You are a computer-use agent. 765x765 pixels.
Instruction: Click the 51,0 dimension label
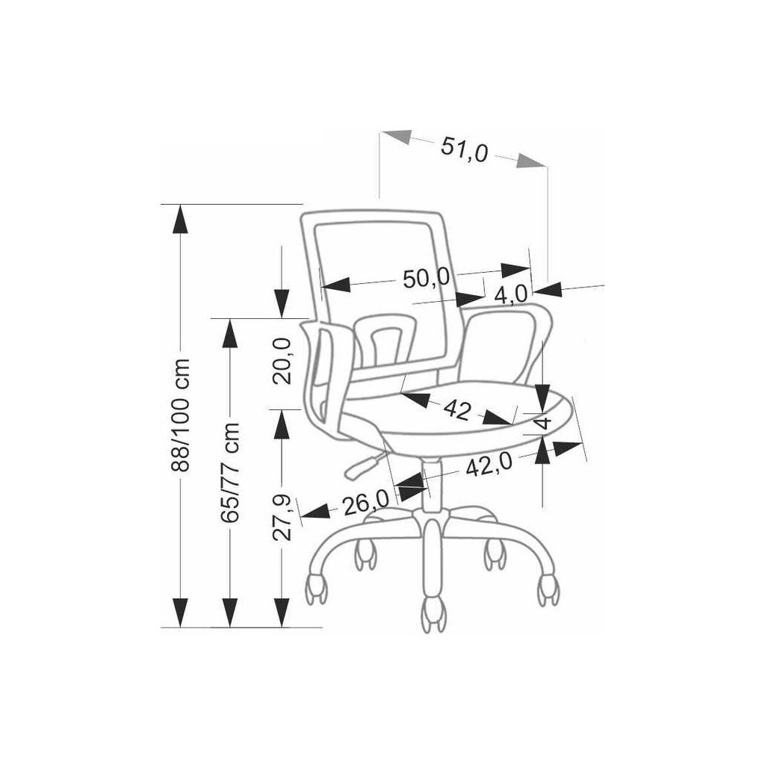pyautogui.click(x=464, y=149)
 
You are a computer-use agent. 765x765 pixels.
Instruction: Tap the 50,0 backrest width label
pyautogui.click(x=426, y=279)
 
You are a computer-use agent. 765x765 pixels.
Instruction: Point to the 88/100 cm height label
pyautogui.click(x=182, y=415)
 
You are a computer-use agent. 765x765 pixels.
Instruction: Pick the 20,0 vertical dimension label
pyautogui.click(x=282, y=360)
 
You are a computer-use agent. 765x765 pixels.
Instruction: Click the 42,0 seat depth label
pyautogui.click(x=489, y=465)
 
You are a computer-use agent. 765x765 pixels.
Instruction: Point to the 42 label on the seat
pyautogui.click(x=457, y=409)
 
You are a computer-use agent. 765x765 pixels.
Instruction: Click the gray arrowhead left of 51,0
pyautogui.click(x=398, y=137)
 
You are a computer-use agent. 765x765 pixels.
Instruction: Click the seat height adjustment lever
pyautogui.click(x=362, y=465)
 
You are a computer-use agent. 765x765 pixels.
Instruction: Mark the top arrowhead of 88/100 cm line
pyautogui.click(x=180, y=217)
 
